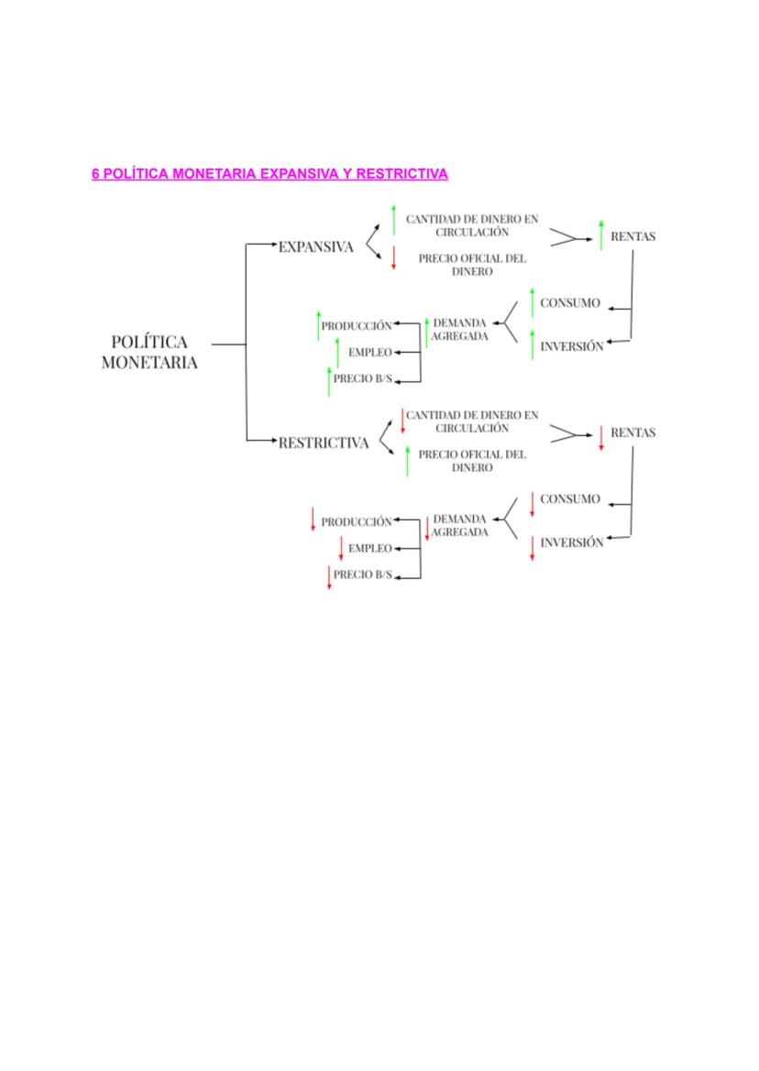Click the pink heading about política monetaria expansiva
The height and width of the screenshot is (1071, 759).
tap(269, 173)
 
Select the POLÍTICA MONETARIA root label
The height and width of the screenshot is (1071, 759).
tap(149, 352)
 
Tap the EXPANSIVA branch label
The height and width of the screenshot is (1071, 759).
tap(315, 246)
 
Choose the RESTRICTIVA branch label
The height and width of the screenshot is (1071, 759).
tap(324, 443)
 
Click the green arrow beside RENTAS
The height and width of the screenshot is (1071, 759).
tap(601, 235)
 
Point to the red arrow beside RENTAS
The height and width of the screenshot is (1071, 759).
tap(601, 438)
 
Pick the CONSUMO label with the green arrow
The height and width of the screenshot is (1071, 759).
tap(570, 303)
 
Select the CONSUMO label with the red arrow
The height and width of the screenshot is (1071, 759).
tap(570, 499)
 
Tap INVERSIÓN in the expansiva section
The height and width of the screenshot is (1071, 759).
tap(572, 346)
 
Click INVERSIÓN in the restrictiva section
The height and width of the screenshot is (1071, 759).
tap(572, 542)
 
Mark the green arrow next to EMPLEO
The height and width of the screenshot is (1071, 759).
tap(337, 352)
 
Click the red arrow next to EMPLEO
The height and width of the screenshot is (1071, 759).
tap(341, 548)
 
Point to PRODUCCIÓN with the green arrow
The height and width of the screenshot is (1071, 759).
tap(357, 325)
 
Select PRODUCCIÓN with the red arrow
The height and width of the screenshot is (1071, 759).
tap(357, 521)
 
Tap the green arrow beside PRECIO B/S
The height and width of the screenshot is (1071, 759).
tap(329, 380)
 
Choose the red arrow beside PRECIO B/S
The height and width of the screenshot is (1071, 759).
tap(329, 577)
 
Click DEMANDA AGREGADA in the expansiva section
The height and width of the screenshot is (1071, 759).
tap(460, 330)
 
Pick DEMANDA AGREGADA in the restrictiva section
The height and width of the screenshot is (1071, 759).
tap(460, 526)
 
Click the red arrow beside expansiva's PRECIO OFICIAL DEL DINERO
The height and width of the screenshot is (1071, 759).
tap(393, 257)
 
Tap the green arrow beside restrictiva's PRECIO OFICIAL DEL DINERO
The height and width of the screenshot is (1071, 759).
tap(407, 460)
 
